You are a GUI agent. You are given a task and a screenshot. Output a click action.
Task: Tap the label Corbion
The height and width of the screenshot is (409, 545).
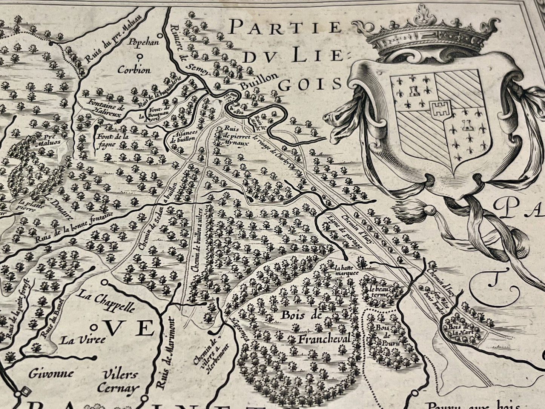click(x=134, y=70)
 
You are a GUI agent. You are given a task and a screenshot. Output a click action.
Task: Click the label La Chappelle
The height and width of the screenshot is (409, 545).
click(x=106, y=300)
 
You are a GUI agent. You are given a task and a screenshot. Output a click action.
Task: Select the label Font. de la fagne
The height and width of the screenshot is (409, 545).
click(x=113, y=140)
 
